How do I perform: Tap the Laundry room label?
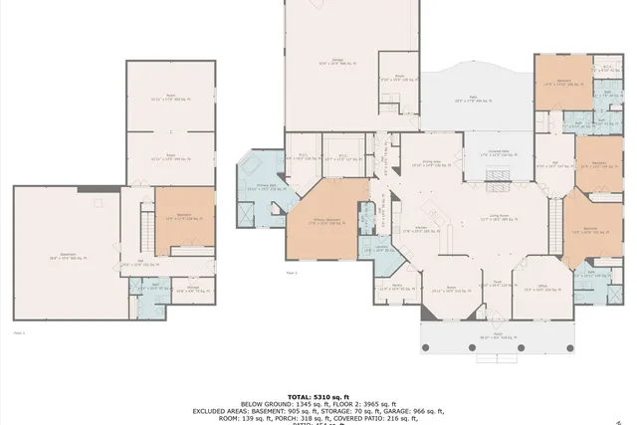(x=383, y=250)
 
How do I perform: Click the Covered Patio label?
(x=488, y=153)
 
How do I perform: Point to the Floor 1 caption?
(x=19, y=331)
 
